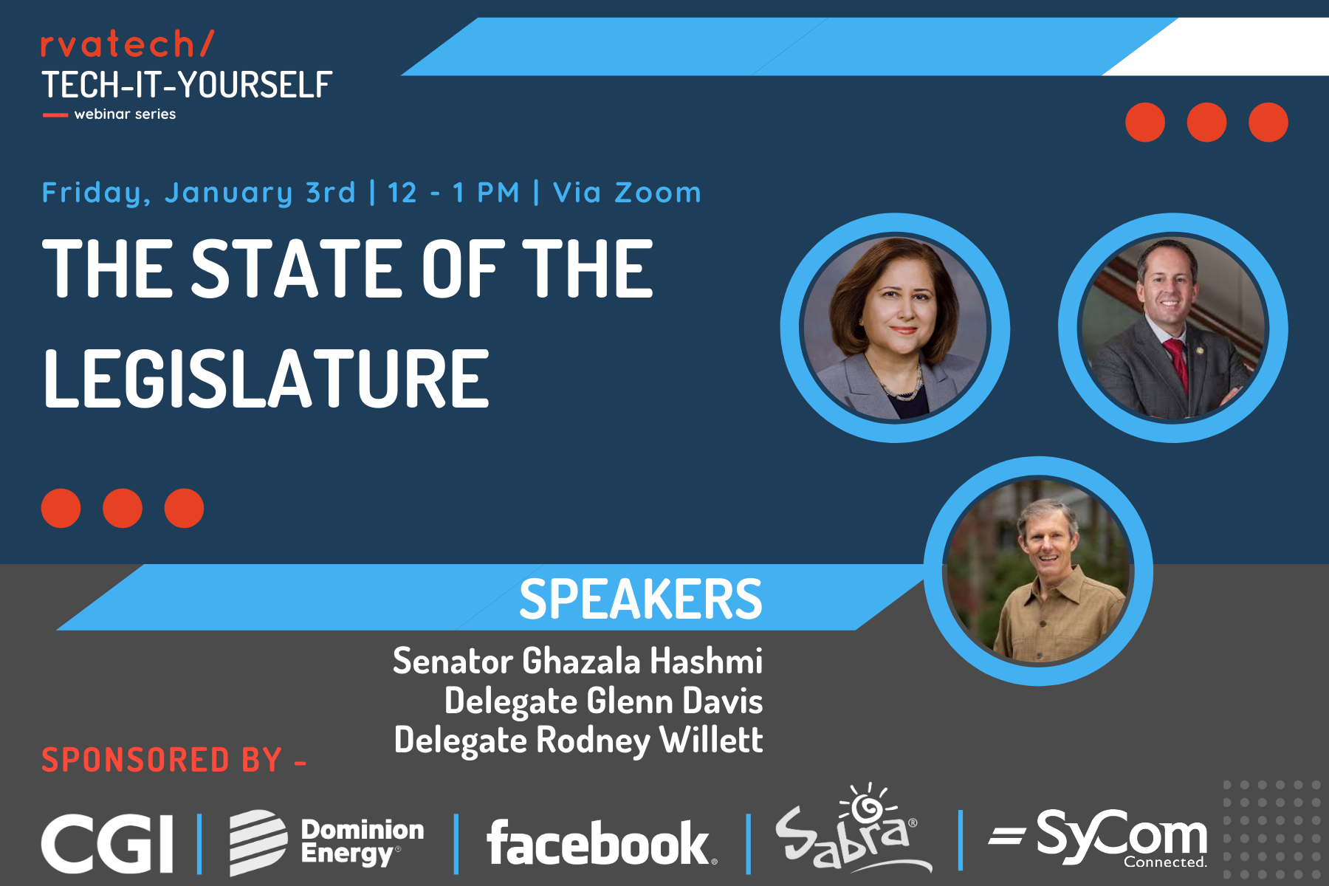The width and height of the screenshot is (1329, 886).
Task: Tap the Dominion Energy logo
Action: coord(326,842)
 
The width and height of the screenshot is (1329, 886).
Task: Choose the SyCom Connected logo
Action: coord(1098,838)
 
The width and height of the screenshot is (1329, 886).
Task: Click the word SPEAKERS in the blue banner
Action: coord(640,598)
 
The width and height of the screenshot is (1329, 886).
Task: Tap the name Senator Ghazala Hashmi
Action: coord(577,660)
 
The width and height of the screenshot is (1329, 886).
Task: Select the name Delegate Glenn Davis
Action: coord(603,701)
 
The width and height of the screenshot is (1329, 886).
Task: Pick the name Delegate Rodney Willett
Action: coord(578,740)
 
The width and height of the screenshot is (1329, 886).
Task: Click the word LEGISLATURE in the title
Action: coord(266,379)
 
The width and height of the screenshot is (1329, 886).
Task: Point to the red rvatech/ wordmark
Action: coord(127,44)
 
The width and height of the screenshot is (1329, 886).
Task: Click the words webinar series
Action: coord(125,114)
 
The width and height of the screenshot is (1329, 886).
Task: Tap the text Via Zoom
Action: coord(627,193)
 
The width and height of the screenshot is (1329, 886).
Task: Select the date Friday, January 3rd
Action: coord(199,193)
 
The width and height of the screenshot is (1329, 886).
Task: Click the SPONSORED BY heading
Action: coord(174,760)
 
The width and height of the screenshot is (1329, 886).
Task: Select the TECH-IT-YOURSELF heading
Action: coord(187,85)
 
